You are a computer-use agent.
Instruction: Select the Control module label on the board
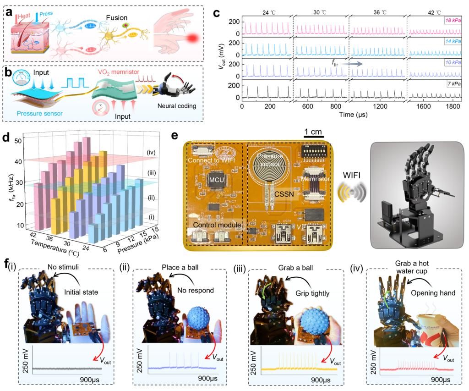point(214,225)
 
